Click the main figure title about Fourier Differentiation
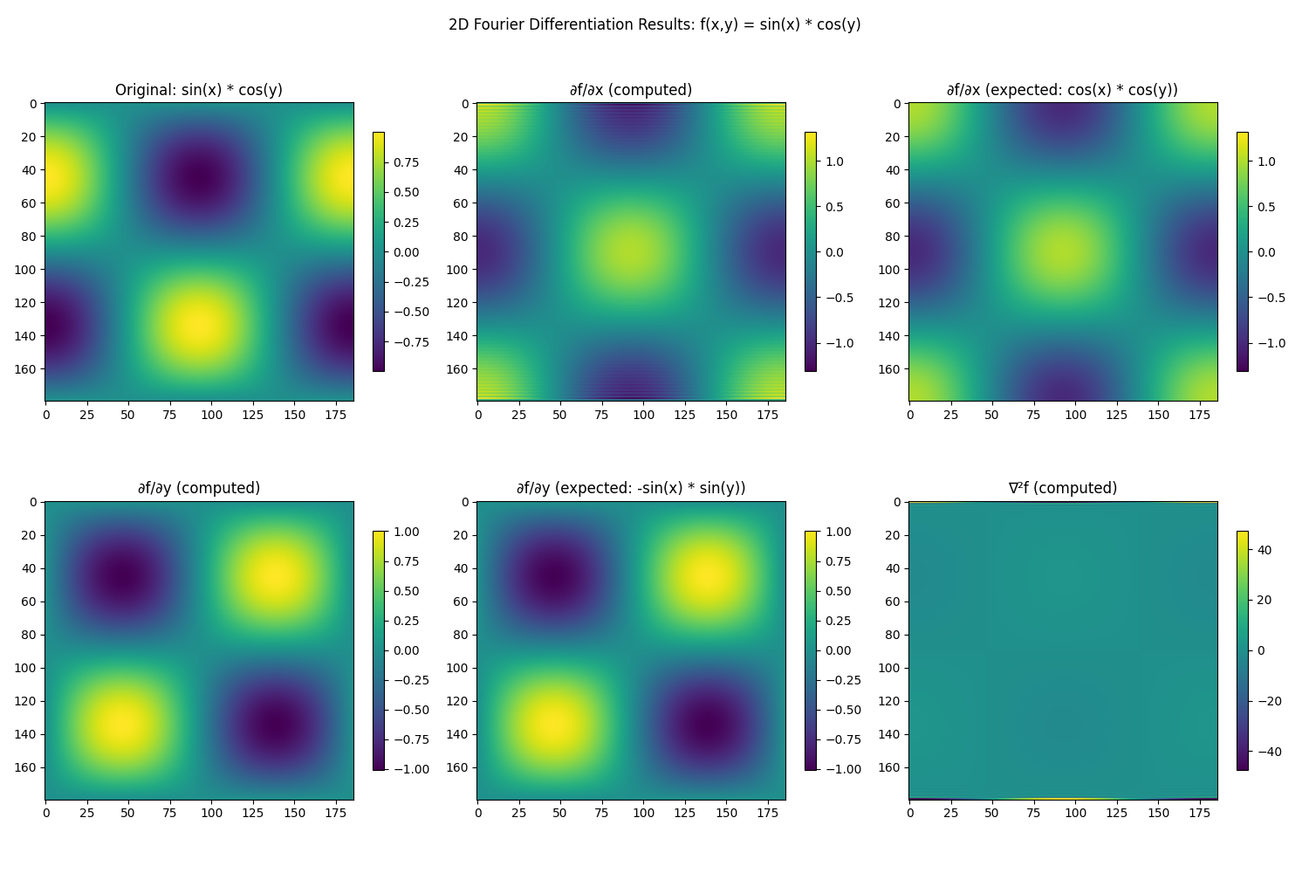pyautogui.click(x=654, y=24)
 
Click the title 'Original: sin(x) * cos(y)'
pyautogui.click(x=199, y=90)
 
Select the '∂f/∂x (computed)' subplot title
pyautogui.click(x=630, y=90)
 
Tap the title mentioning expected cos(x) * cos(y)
pyautogui.click(x=1062, y=90)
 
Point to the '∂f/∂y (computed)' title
pyautogui.click(x=199, y=488)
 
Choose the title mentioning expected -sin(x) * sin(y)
pyautogui.click(x=630, y=488)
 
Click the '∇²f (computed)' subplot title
pyautogui.click(x=1062, y=488)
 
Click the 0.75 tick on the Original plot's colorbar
pyautogui.click(x=403, y=162)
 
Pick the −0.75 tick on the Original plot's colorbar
pyautogui.click(x=407, y=342)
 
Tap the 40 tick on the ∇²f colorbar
pyautogui.click(x=1264, y=550)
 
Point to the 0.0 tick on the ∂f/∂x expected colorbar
pyautogui.click(x=1266, y=252)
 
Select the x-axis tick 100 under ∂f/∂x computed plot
pyautogui.click(x=643, y=415)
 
